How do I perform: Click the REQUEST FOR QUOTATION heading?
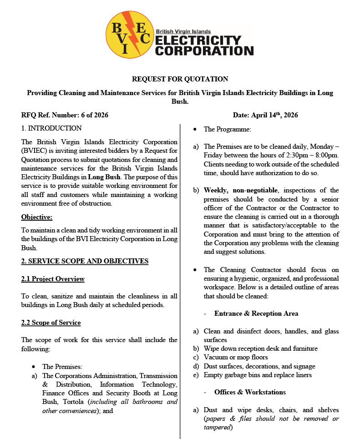click(180, 79)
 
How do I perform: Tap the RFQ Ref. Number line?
click(65, 115)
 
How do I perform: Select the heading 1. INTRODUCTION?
click(51, 128)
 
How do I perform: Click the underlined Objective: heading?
click(37, 217)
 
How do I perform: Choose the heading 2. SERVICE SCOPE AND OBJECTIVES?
click(85, 261)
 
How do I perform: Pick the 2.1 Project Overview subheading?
click(53, 279)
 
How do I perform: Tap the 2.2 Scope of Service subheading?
click(51, 323)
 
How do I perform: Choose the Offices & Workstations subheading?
click(250, 392)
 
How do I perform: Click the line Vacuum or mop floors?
click(236, 358)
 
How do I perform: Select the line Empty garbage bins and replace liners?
click(258, 375)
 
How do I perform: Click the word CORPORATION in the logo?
click(204, 50)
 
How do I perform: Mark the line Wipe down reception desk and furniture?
click(260, 348)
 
